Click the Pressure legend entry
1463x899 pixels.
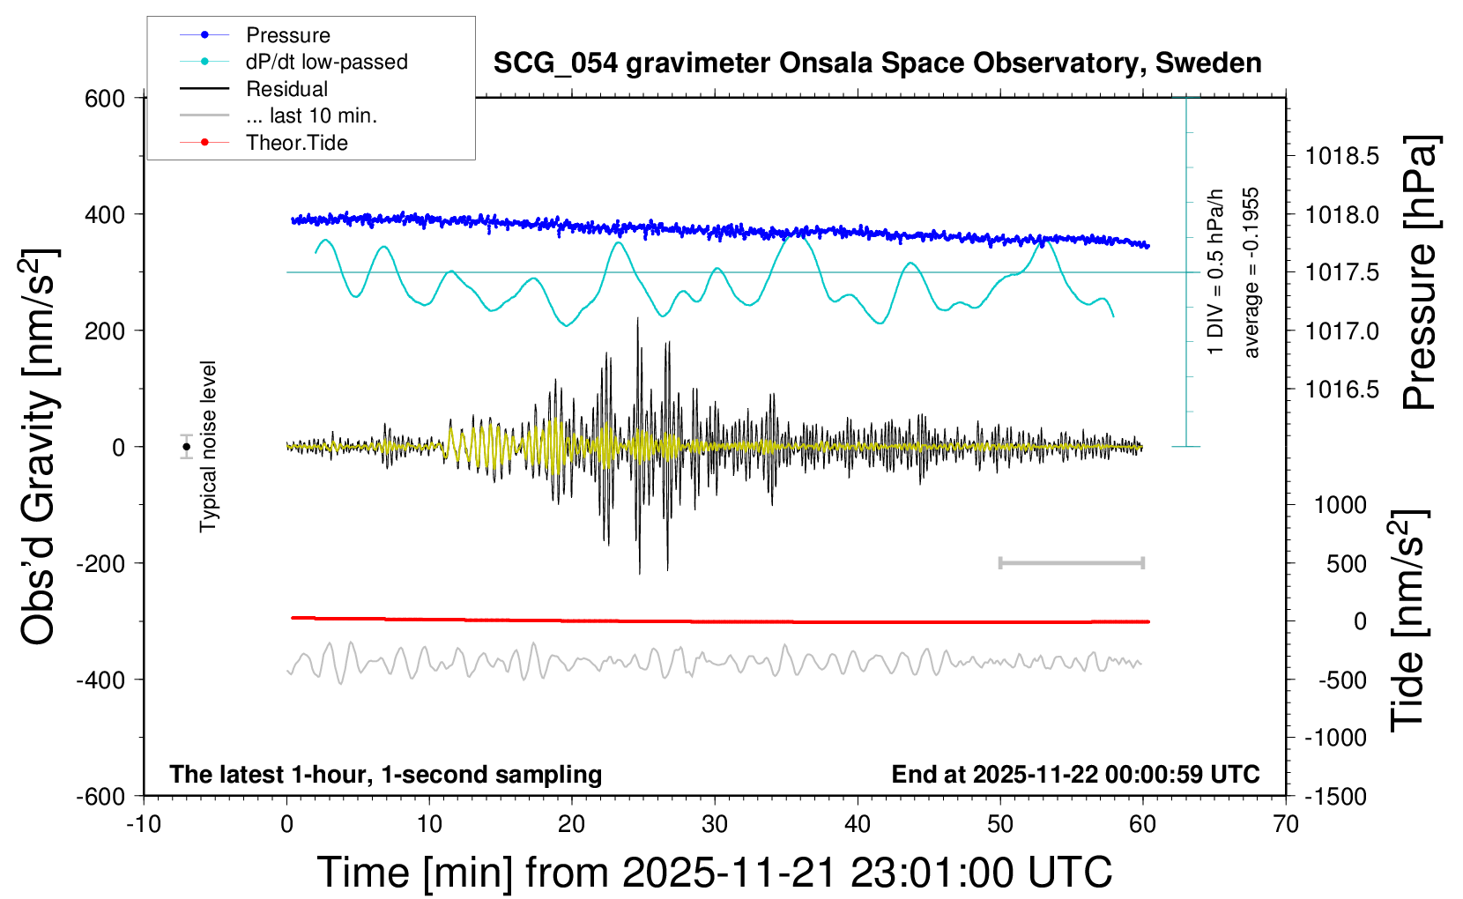(x=287, y=35)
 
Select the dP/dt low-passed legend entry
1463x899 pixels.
(x=326, y=62)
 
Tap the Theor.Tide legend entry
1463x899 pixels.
(x=296, y=143)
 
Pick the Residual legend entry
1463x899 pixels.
(x=286, y=89)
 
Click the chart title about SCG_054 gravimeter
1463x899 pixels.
(x=877, y=63)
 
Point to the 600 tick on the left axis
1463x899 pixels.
(x=105, y=99)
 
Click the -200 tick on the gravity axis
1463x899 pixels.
(x=100, y=563)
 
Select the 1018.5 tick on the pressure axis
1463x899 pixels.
(x=1342, y=157)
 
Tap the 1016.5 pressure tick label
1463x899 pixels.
(x=1342, y=390)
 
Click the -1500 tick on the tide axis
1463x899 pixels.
(x=1336, y=797)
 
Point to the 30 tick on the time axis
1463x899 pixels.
(x=715, y=825)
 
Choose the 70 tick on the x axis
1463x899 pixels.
(x=1286, y=825)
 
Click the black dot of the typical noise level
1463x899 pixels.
(x=186, y=447)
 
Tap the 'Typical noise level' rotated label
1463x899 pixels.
(x=208, y=446)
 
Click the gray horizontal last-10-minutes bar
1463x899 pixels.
(x=1071, y=562)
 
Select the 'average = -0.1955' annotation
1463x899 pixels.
(x=1251, y=272)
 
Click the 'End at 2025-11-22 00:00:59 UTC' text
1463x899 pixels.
(x=1075, y=775)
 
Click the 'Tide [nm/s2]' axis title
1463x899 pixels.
(x=1407, y=620)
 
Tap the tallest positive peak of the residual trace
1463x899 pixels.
(x=637, y=320)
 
